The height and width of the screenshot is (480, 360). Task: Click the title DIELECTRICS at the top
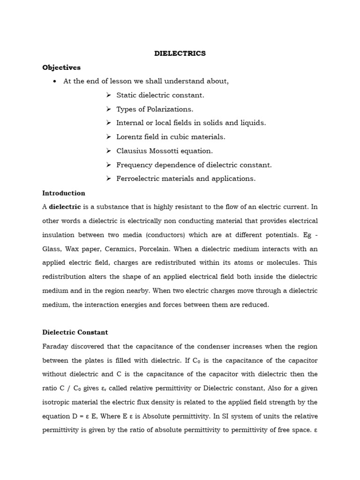pos(180,53)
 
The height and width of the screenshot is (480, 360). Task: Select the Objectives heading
pos(61,67)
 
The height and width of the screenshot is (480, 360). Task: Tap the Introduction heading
pos(64,193)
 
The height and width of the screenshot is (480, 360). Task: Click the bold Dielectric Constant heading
pos(75,332)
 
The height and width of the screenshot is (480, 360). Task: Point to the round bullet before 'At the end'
pos(55,82)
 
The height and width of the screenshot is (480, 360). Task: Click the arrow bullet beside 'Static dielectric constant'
pos(108,95)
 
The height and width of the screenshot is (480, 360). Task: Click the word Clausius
pos(131,151)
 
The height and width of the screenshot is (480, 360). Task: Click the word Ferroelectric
pos(138,179)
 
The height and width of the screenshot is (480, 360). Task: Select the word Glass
pos(52,249)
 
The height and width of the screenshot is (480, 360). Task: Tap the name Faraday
pos(55,346)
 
